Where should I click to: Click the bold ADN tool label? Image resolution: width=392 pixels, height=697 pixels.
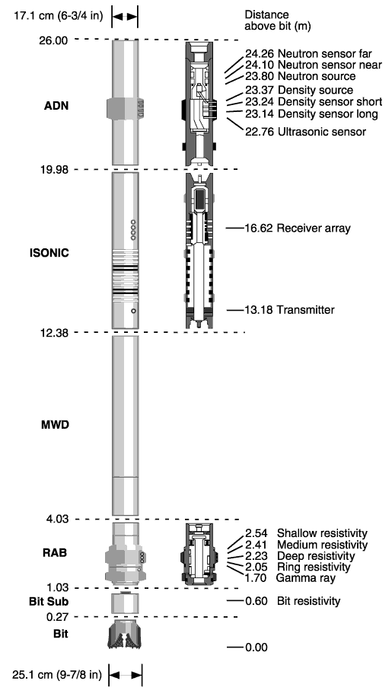(56, 106)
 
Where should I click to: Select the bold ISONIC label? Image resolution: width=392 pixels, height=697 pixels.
(49, 253)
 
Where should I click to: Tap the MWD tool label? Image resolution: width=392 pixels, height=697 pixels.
(55, 424)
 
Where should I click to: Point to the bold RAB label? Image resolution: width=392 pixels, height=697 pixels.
(55, 553)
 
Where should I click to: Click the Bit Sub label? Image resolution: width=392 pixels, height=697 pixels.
(49, 602)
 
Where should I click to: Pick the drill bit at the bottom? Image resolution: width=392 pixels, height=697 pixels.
(125, 634)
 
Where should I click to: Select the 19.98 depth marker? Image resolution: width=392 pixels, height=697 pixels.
(55, 169)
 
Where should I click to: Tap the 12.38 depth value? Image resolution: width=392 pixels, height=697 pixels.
(55, 332)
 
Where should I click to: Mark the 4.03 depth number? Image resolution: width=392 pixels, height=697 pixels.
(57, 519)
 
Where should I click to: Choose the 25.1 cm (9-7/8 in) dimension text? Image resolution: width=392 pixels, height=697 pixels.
(56, 675)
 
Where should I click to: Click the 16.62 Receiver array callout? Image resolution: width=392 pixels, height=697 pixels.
(298, 229)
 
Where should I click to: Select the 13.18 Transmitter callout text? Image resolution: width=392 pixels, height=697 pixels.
(289, 310)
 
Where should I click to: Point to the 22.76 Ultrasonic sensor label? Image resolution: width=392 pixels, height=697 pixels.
(305, 132)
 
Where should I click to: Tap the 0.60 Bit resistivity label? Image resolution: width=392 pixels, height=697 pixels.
(292, 601)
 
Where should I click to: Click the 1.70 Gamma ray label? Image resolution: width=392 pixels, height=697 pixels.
(290, 578)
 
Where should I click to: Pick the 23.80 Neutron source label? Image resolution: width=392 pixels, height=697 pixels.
(300, 76)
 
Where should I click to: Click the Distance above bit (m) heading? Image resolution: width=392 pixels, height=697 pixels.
(278, 21)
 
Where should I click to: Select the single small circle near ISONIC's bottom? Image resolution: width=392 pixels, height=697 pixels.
(134, 311)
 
